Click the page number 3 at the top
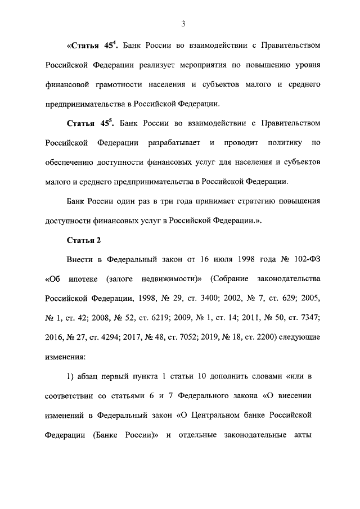coord(183,24)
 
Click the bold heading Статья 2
coord(84,240)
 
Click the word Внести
coord(80,260)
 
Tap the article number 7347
coord(308,319)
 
